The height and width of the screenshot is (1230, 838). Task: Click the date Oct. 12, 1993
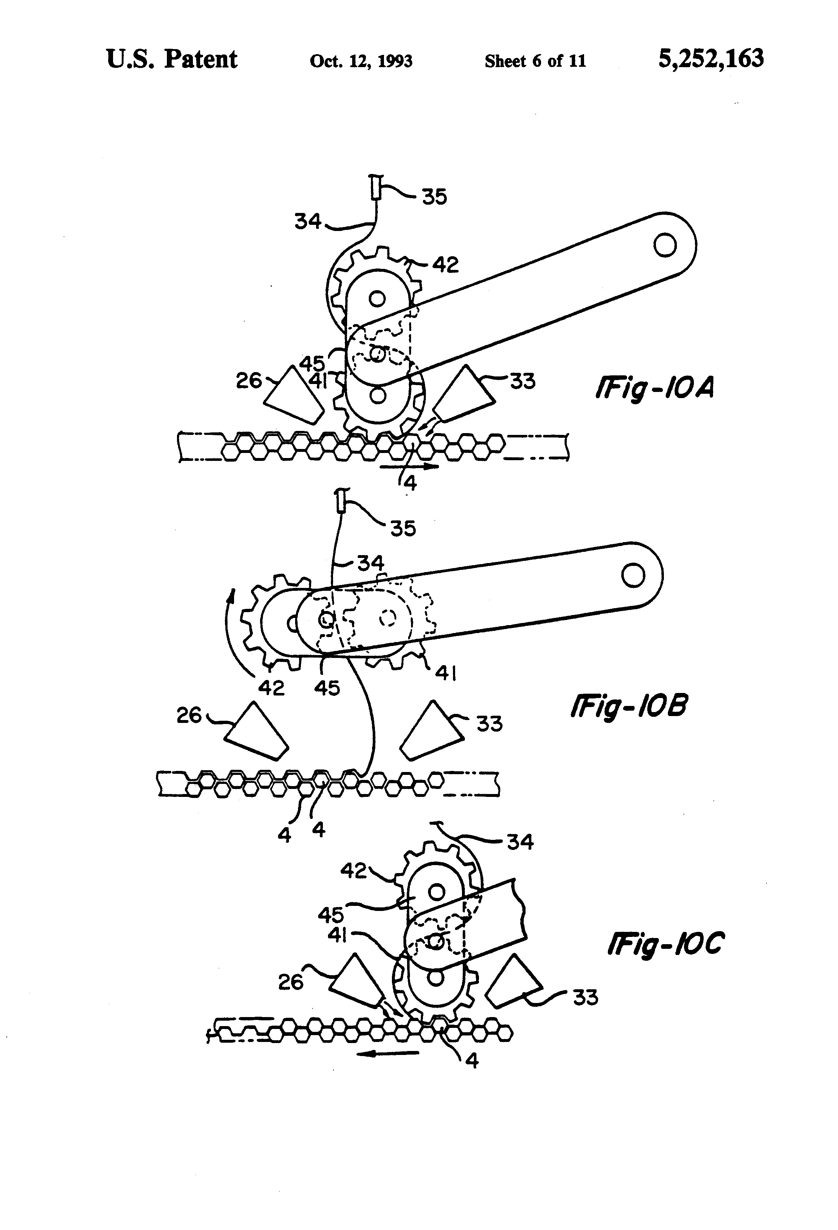361,61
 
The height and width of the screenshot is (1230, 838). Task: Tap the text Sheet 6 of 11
535,61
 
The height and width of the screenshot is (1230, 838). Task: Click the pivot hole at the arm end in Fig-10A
665,245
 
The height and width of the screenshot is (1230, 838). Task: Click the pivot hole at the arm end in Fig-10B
633,575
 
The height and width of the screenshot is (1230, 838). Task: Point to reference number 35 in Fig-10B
403,528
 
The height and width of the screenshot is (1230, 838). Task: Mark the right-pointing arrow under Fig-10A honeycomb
409,466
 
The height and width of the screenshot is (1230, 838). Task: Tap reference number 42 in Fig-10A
445,265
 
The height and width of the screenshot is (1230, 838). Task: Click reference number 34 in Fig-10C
520,842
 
